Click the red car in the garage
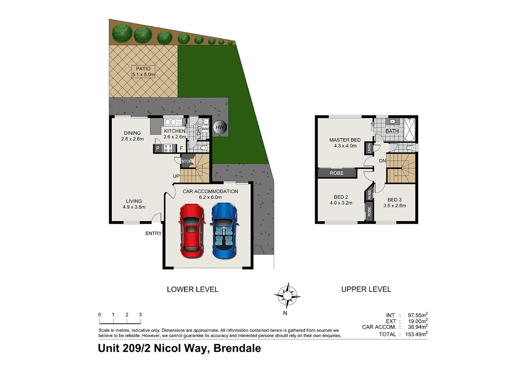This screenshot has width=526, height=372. (x=192, y=231)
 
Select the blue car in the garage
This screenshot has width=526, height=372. (x=224, y=231)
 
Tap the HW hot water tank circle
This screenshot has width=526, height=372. (x=220, y=127)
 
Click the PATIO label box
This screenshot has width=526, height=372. (x=143, y=72)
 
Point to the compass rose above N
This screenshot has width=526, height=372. (x=287, y=296)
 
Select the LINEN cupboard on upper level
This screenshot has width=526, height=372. (x=369, y=149)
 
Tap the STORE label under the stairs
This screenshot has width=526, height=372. (x=188, y=161)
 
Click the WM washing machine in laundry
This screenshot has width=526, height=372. (x=205, y=129)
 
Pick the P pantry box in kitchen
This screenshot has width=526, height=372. (x=158, y=148)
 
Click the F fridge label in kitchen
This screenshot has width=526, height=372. (x=181, y=148)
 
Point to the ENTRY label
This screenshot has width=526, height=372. (x=153, y=233)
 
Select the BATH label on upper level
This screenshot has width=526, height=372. (x=392, y=131)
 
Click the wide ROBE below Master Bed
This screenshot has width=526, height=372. (x=337, y=173)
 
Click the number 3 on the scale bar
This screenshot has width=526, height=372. (x=140, y=315)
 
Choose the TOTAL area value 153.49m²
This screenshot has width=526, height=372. (x=416, y=334)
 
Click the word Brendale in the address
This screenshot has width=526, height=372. (x=237, y=348)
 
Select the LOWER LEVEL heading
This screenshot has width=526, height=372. (x=192, y=289)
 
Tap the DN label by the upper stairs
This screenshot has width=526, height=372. (x=383, y=161)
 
